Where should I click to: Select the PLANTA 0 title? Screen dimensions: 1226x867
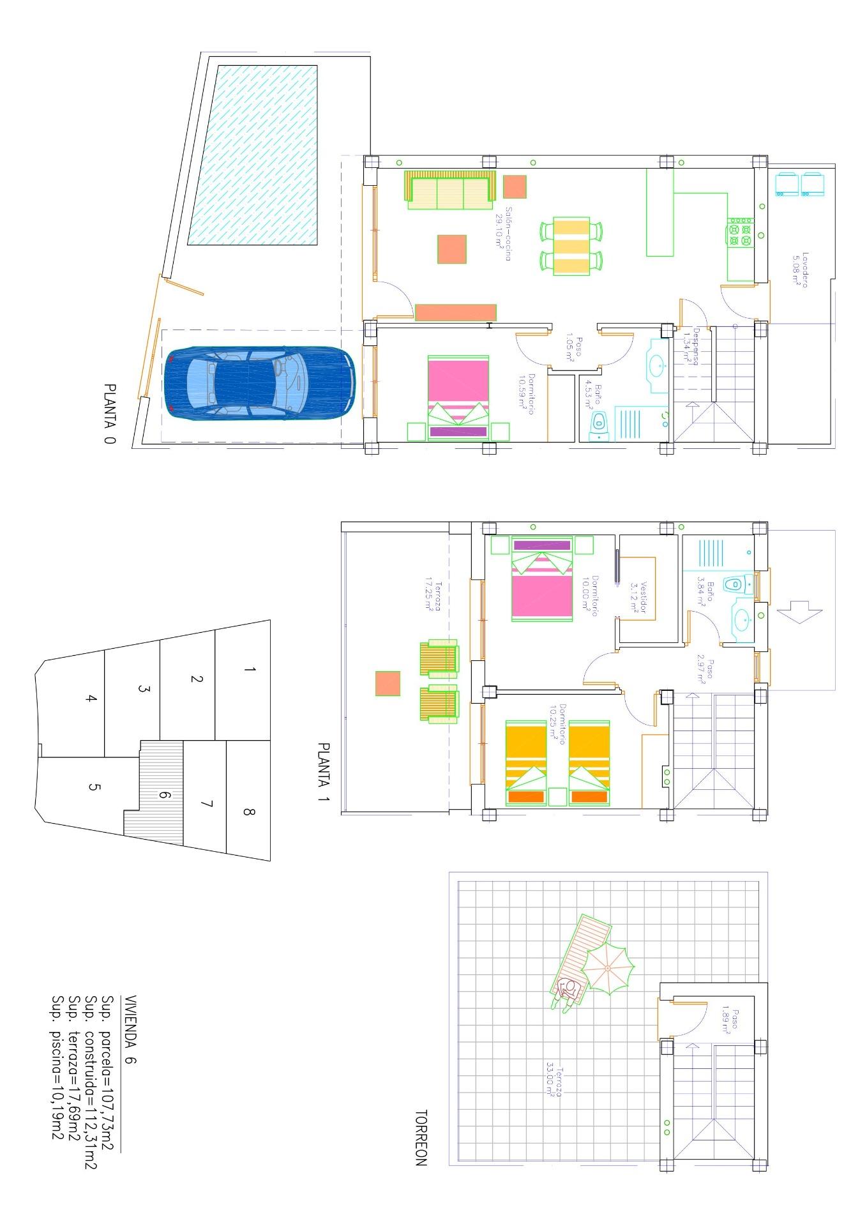coord(110,413)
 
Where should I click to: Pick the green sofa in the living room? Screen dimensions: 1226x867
coord(449,190)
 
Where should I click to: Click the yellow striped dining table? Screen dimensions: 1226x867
coord(571,246)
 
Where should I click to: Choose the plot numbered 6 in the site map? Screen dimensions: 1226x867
coord(163,795)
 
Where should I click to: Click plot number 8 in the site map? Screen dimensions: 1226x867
coord(248,812)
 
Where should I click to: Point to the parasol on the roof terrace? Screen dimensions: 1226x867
coord(608,969)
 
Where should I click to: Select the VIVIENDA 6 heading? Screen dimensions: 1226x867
coord(130,1030)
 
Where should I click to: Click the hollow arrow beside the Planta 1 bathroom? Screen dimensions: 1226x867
coord(799,611)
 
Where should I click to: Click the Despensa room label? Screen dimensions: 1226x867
coord(692,347)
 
